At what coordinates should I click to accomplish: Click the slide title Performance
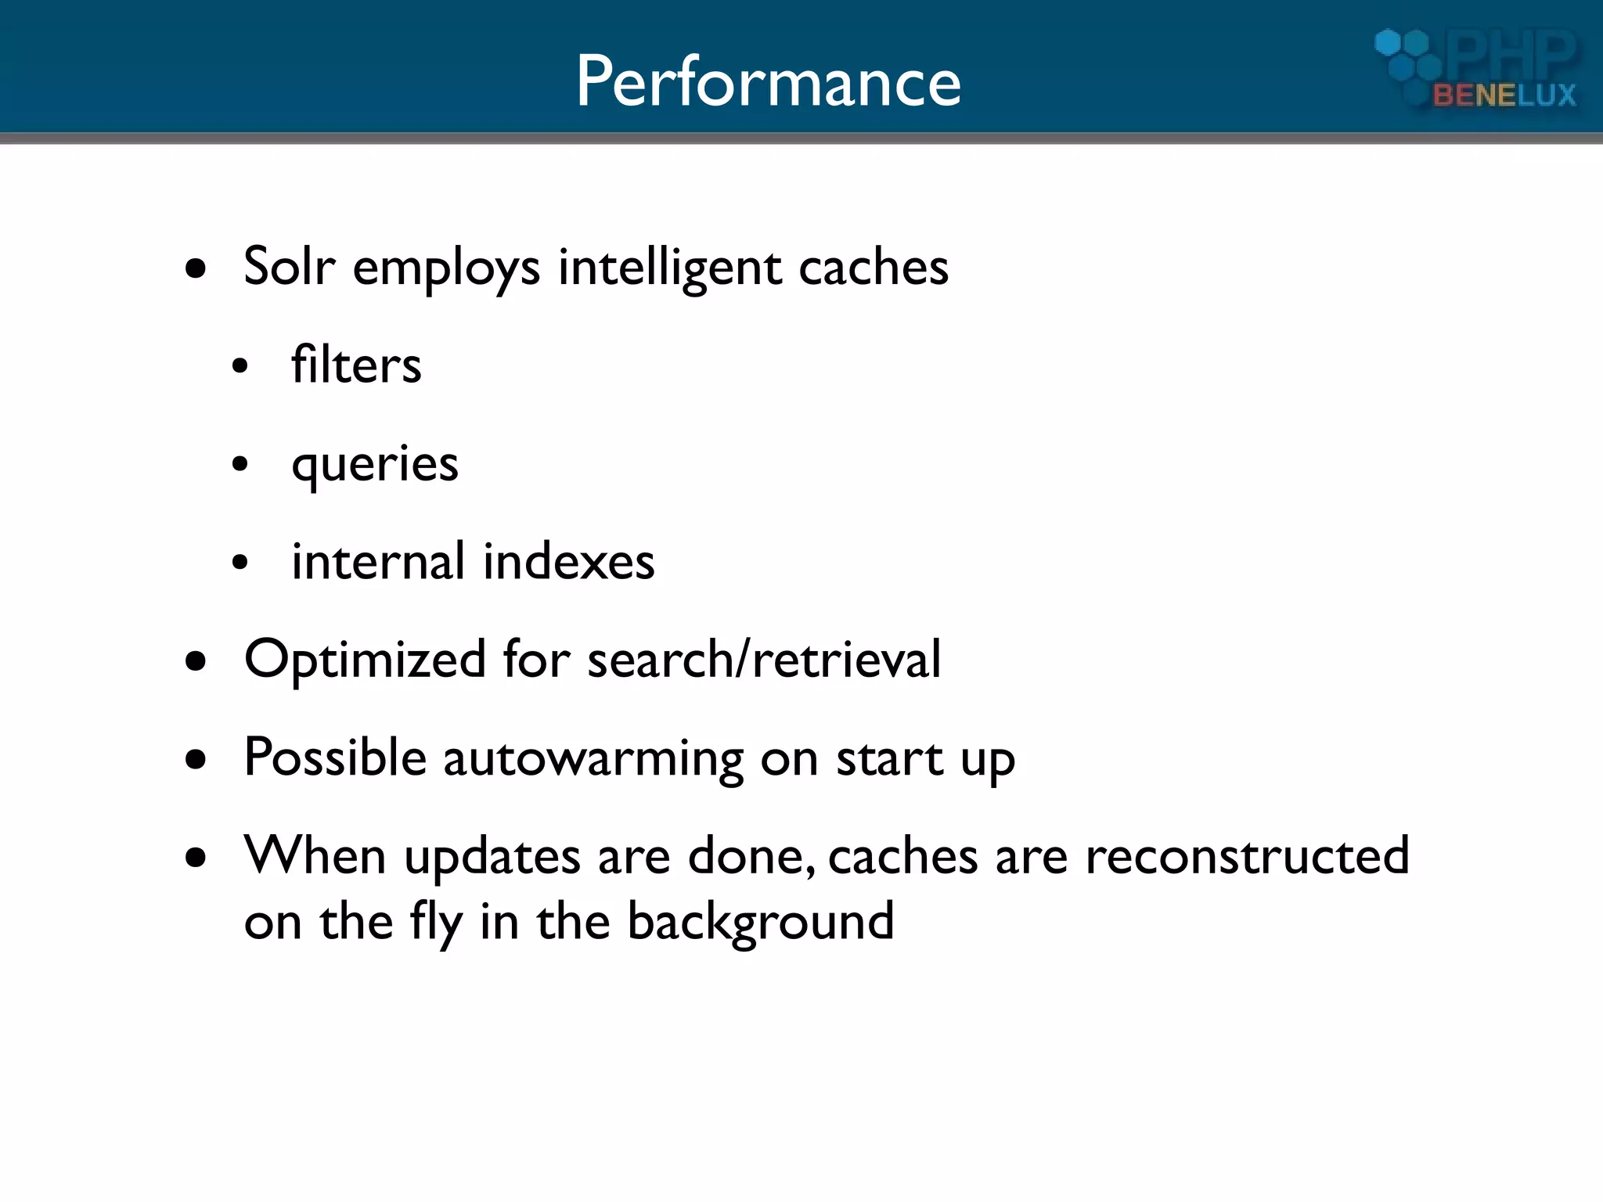tap(768, 81)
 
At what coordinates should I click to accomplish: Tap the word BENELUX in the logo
tap(1504, 95)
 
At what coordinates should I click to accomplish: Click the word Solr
tap(290, 267)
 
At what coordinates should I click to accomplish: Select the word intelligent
tap(669, 268)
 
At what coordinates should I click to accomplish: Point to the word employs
tap(446, 268)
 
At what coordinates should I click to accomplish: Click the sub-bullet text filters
tap(356, 365)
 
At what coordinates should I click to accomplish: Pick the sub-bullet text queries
tap(375, 465)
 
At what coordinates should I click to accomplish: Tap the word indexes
tap(568, 562)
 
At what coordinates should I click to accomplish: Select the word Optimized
tap(365, 660)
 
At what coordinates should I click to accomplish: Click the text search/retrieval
tap(764, 660)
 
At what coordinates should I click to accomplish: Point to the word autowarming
tap(593, 759)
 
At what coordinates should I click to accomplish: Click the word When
tap(315, 855)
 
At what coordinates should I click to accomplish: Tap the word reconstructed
tap(1247, 855)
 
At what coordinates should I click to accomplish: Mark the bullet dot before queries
tap(240, 464)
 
